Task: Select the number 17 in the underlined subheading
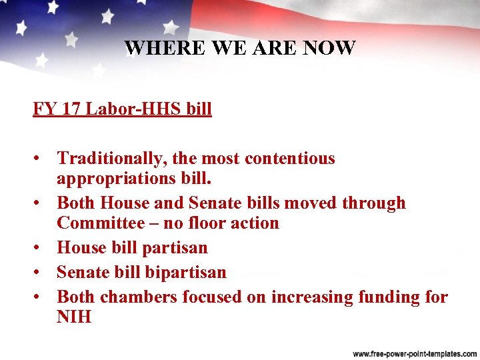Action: [x=71, y=108]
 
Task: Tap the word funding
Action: [x=381, y=297]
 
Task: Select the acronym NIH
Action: [x=73, y=317]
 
